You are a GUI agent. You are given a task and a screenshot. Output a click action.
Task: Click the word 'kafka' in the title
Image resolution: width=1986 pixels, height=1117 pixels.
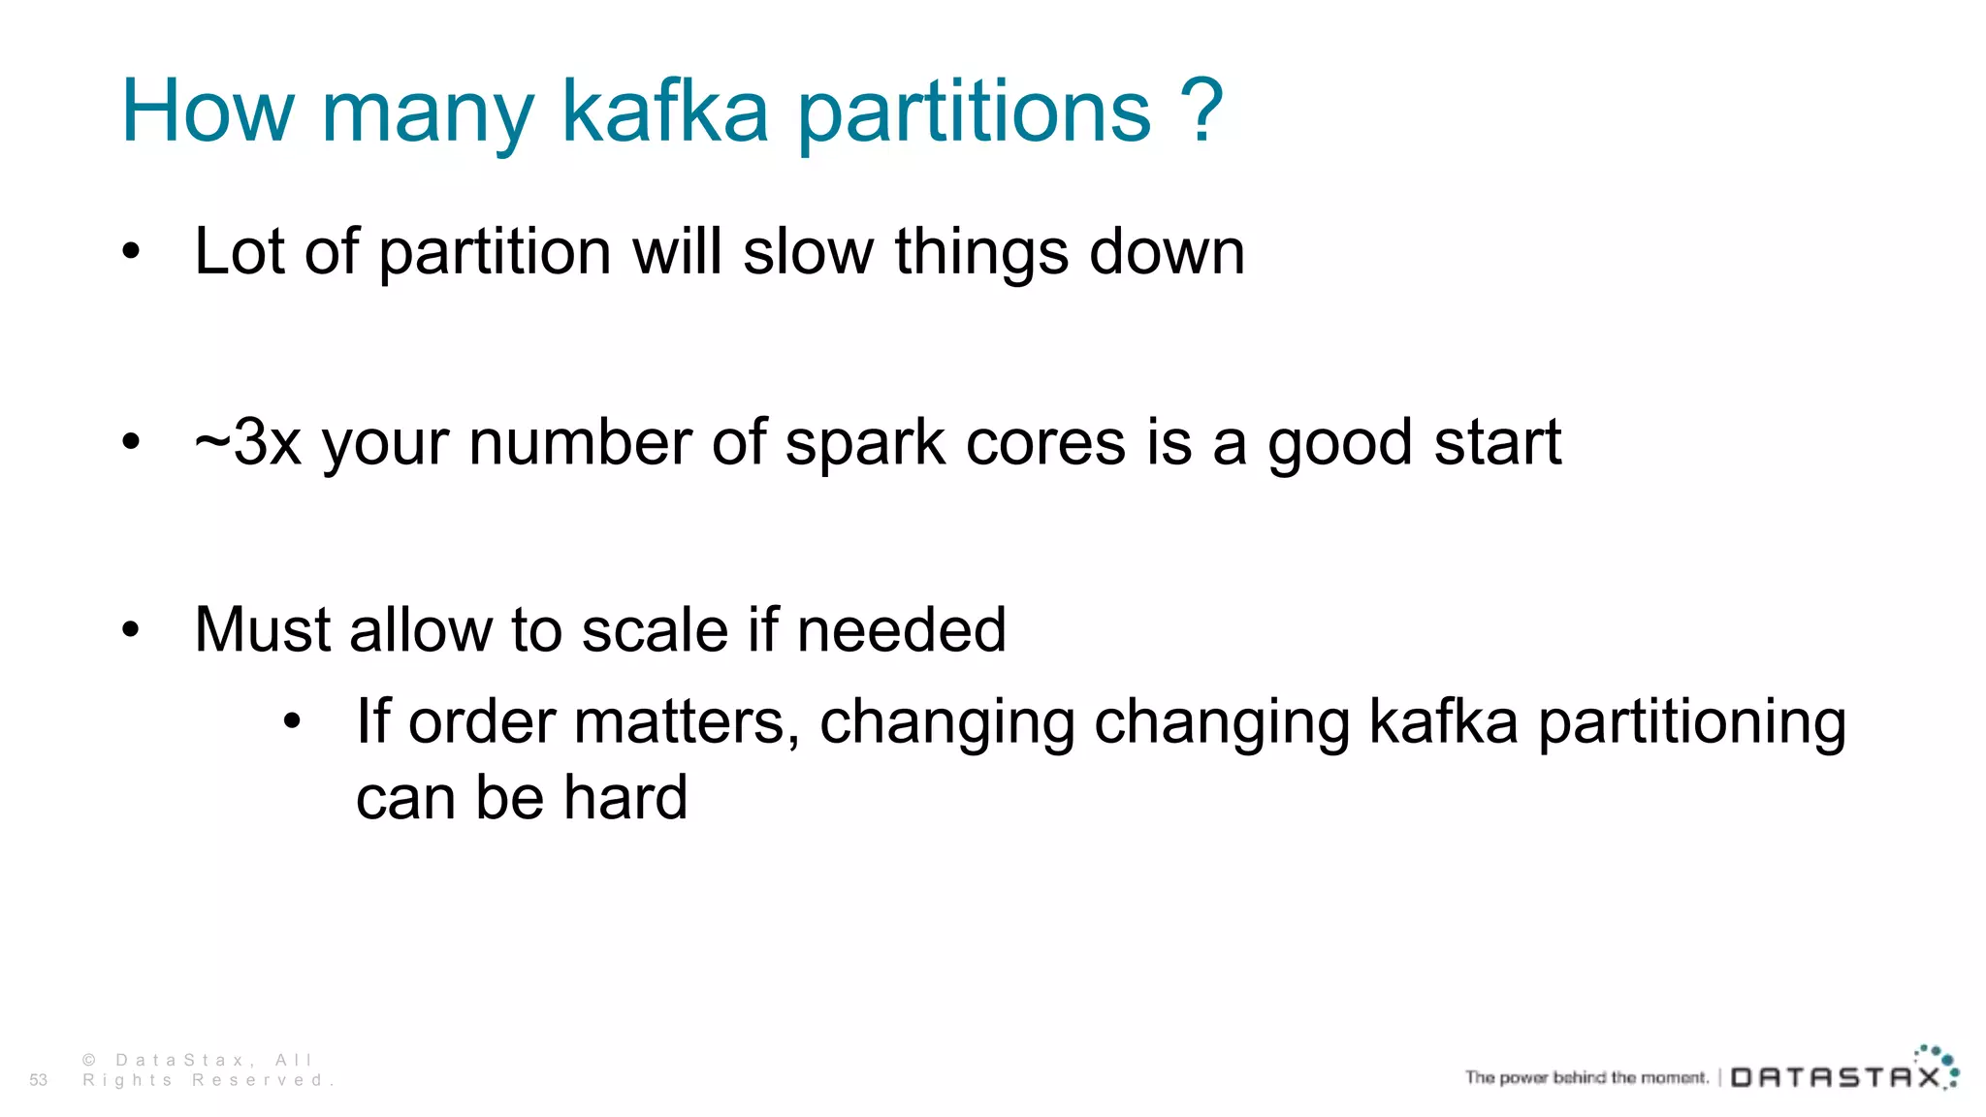pos(664,112)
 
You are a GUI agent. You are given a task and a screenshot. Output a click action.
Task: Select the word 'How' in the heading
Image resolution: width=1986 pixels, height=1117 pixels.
pos(208,112)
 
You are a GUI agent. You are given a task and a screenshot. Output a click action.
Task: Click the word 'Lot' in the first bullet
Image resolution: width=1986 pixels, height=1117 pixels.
pos(241,252)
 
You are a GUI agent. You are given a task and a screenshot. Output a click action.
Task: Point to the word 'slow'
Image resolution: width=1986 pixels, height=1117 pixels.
pos(808,252)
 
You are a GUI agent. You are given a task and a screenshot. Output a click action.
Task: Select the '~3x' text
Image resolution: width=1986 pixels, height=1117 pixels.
pos(248,443)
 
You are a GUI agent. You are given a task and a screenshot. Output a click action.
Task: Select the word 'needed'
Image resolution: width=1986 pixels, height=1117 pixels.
pos(901,630)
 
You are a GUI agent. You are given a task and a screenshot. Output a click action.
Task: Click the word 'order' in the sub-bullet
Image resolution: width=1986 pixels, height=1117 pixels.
pos(482,722)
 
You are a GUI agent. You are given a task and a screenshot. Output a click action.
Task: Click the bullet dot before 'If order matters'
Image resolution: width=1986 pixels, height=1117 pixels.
pos(292,722)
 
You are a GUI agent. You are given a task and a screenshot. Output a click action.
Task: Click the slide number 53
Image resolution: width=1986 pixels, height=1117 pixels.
pos(38,1080)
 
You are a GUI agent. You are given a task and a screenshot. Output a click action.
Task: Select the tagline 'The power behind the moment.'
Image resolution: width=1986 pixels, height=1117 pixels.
pos(1586,1077)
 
